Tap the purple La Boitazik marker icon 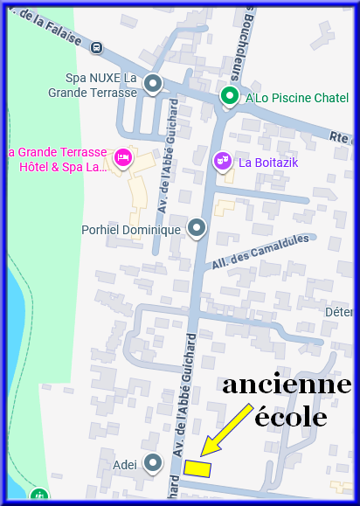click(222, 161)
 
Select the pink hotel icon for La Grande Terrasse click(122, 157)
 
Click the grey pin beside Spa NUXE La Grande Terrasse click(153, 84)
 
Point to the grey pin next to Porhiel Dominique click(197, 228)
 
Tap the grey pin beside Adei click(153, 463)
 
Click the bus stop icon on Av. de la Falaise click(96, 48)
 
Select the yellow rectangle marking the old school click(197, 468)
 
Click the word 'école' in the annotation click(290, 417)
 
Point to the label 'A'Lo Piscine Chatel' click(297, 98)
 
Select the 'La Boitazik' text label click(271, 162)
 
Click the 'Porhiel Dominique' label click(131, 230)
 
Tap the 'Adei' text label click(125, 464)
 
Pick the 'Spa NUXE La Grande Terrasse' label click(100, 85)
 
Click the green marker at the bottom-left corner click(38, 496)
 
